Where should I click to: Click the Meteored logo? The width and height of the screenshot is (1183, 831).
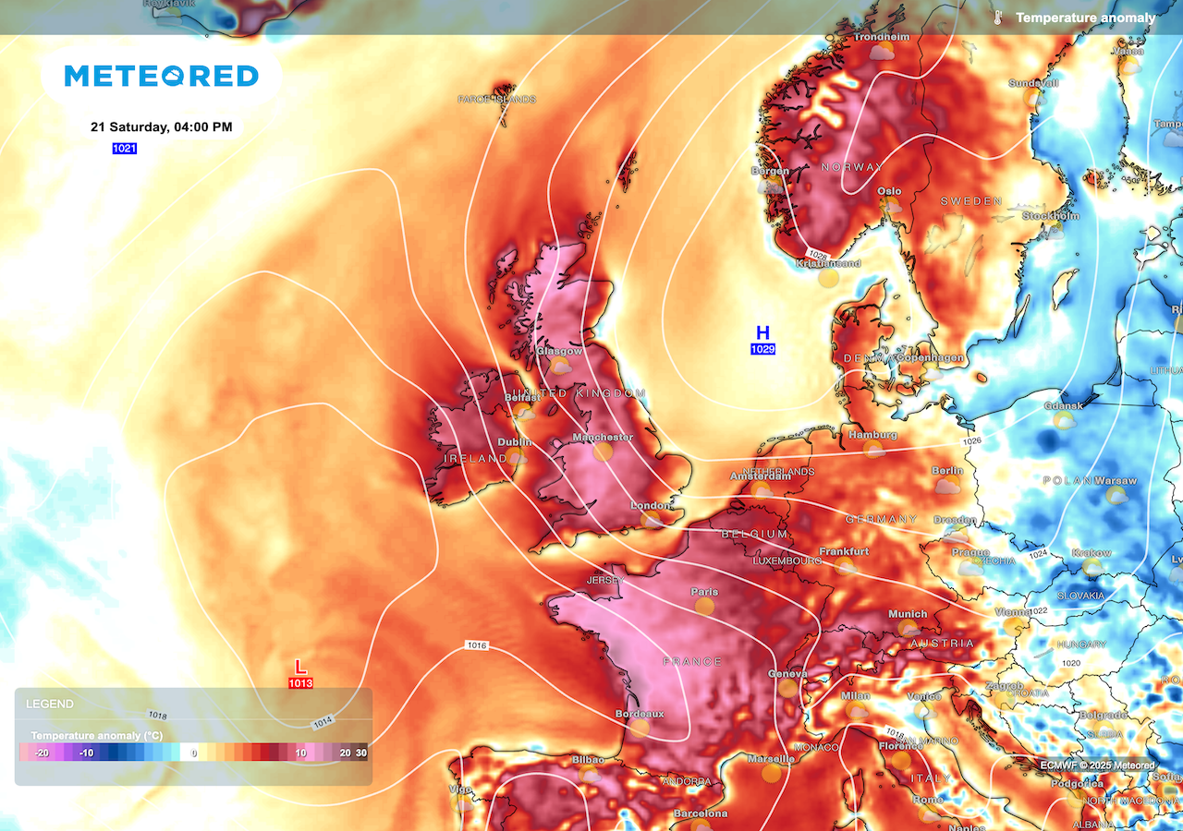161,76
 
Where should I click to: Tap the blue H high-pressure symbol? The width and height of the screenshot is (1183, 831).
762,332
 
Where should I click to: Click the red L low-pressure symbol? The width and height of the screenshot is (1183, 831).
299,667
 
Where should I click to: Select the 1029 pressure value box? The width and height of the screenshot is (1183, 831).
762,349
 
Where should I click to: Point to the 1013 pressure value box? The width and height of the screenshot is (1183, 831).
300,683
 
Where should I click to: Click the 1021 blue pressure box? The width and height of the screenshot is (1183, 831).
124,149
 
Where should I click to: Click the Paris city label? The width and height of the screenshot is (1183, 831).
704,592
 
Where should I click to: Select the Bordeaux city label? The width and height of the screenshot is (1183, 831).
640,714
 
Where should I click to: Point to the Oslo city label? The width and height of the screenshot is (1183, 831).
889,191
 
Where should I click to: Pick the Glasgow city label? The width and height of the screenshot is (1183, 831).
559,351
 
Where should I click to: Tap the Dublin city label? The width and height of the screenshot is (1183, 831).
515,442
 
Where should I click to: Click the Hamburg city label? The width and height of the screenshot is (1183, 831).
872,435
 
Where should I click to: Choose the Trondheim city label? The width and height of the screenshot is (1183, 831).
882,37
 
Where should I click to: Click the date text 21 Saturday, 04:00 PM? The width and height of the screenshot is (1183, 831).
161,127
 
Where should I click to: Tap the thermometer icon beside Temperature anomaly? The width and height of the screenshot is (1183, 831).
998,18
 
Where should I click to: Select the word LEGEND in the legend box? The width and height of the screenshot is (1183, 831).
49,704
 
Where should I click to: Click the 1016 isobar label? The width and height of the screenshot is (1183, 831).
477,645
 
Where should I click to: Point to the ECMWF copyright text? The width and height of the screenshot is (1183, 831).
1096,765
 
